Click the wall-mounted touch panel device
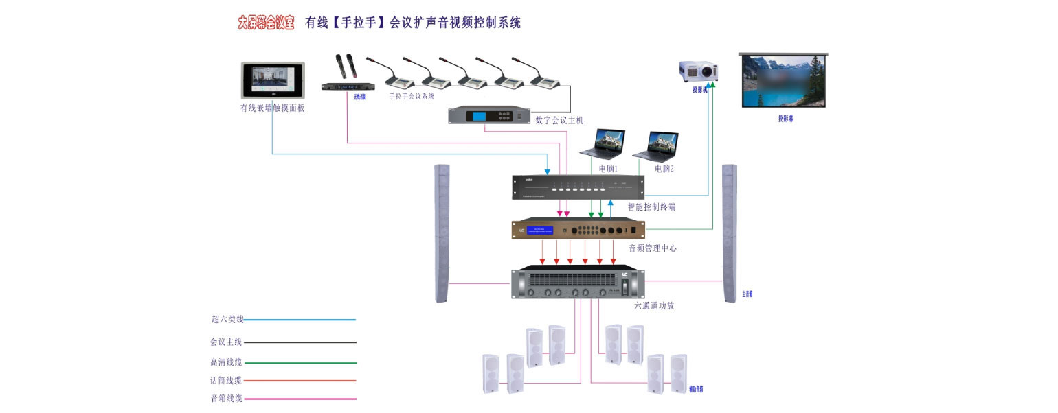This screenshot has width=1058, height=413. (x=273, y=81)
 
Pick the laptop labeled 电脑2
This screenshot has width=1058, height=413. (x=656, y=145)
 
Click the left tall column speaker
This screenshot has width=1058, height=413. (x=442, y=233)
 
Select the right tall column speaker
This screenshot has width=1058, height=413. (x=729, y=233)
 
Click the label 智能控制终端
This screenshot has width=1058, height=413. (x=651, y=206)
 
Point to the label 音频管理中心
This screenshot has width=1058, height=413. (x=653, y=248)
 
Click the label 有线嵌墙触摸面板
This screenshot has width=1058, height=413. (x=272, y=108)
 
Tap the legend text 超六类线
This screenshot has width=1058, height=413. (x=227, y=319)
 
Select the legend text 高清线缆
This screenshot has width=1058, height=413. (x=226, y=362)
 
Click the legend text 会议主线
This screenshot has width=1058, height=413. (x=226, y=341)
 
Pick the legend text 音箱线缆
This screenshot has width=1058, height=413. (x=226, y=398)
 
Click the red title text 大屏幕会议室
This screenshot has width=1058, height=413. (x=266, y=23)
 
